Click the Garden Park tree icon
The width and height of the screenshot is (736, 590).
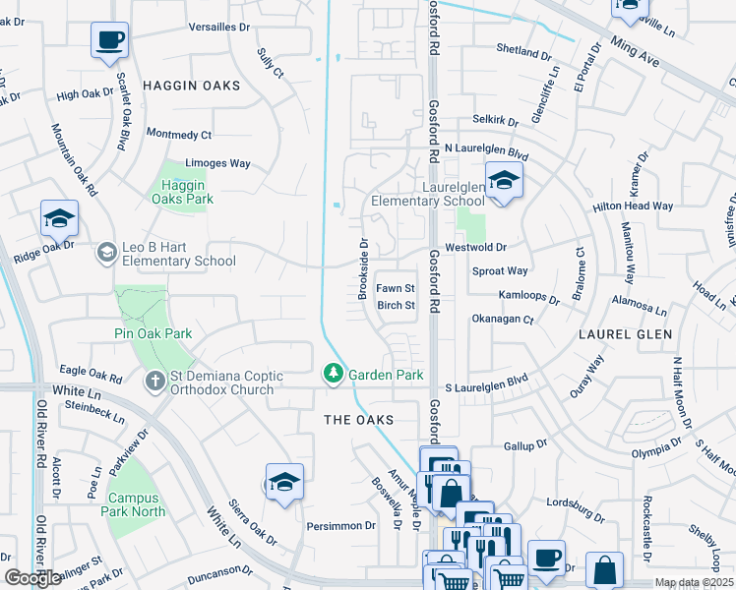334,375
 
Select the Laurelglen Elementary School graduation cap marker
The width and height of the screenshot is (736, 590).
503,181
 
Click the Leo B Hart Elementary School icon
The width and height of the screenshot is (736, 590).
105,254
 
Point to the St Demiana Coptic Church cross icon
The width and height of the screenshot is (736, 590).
155,383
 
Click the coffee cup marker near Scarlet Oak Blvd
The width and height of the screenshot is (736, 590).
109,41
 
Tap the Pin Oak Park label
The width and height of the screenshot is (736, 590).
153,334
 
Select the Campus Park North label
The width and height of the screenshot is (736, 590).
136,504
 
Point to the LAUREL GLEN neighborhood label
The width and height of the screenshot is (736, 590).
627,334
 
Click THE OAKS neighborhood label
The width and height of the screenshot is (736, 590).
359,420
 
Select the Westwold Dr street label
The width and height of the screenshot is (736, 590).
476,248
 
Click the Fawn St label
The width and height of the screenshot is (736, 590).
397,288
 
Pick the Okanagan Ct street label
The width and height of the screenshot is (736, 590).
502,320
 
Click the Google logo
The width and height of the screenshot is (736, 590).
32,578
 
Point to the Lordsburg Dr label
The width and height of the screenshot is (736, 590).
575,511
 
